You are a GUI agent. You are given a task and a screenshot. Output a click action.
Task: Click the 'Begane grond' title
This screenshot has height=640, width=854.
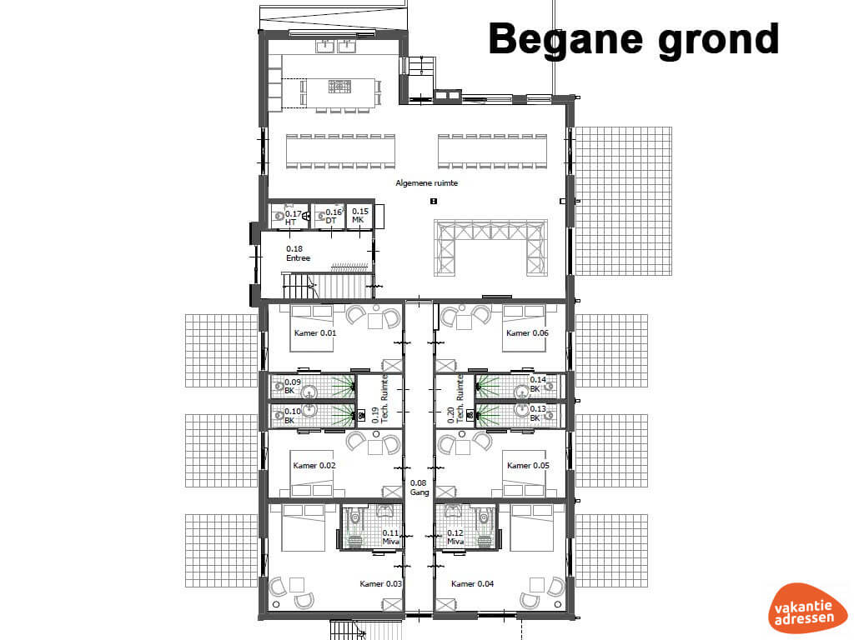634,40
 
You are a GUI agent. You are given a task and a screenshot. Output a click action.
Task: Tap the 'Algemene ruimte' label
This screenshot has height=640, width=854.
426,182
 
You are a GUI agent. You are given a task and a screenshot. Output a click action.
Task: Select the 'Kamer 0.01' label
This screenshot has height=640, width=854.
314,332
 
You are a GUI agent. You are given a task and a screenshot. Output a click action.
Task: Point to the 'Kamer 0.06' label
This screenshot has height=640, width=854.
527,332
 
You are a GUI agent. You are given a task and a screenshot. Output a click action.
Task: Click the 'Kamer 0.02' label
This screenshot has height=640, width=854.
314,465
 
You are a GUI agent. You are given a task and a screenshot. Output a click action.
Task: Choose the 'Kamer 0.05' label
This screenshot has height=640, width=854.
528,465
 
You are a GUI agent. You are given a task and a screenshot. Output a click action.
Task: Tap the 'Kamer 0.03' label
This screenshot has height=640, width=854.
380,583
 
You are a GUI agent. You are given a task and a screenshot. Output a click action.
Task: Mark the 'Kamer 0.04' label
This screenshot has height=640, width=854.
472,583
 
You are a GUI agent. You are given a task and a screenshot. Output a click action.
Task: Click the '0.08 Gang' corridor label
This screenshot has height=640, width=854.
419,487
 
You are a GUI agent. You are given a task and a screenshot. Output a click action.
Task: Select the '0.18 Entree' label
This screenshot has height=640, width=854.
298,253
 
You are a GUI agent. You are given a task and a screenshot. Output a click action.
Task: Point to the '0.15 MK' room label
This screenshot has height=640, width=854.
359,215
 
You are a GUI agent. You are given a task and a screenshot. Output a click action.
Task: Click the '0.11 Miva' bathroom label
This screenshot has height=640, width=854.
390,537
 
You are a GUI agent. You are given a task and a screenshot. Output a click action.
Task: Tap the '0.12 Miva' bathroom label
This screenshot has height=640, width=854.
455,537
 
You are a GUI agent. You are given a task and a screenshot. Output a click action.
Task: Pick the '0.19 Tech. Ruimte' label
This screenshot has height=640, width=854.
380,398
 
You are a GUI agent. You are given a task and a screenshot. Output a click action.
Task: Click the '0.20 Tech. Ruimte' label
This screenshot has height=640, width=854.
455,398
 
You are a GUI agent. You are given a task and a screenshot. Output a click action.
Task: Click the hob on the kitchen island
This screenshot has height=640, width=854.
339,86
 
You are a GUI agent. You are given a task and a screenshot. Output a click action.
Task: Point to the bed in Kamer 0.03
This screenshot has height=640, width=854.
304,527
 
